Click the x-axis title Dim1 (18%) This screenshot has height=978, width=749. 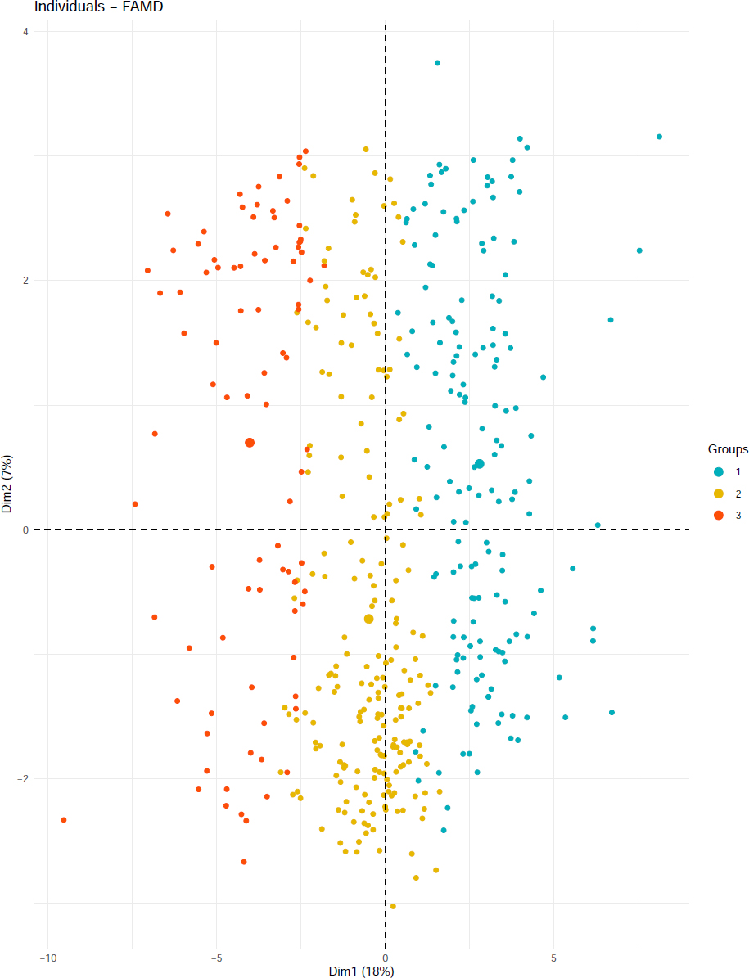point(361,971)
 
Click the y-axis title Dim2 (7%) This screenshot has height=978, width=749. point(7,484)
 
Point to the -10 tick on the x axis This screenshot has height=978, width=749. point(48,958)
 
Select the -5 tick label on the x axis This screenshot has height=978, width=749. point(217,958)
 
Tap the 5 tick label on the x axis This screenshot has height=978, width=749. point(554,958)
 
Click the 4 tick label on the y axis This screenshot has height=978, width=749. point(25,31)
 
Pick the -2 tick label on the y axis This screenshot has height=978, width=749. point(22,778)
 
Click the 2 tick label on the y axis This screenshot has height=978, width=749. point(25,280)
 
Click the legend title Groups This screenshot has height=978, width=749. point(728,449)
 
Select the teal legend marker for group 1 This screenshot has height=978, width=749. point(719,471)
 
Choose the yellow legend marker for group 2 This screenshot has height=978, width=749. point(719,494)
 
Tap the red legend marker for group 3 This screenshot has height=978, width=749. point(719,516)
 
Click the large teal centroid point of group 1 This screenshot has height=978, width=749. point(480,464)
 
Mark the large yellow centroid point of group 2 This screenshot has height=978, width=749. point(368,619)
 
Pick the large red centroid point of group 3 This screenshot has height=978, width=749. point(250,443)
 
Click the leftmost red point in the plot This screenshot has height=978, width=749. point(63,819)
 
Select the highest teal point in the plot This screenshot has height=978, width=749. point(437,63)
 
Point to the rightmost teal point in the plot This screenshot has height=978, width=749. point(659,137)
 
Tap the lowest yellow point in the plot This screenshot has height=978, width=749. point(393,906)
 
